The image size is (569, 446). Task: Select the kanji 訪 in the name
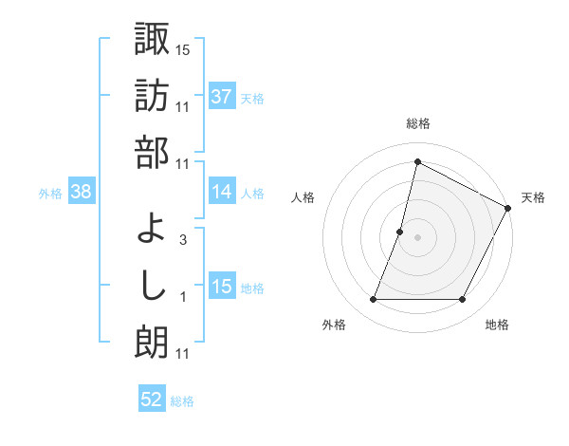(x=152, y=95)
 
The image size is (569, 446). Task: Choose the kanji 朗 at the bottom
(x=152, y=344)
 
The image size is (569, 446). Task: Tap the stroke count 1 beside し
(x=182, y=298)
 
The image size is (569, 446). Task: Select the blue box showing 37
(x=222, y=97)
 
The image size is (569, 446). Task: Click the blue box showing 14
(x=222, y=193)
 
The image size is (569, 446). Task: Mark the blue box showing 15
(x=222, y=288)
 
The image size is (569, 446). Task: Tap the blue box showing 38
(x=81, y=193)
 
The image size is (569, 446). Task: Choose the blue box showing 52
(x=152, y=400)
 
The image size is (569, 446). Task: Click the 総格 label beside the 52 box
(x=182, y=401)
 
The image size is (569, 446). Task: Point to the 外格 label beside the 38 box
(x=50, y=194)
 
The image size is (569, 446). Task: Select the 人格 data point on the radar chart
(x=400, y=232)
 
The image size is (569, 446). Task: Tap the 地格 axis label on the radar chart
(x=497, y=325)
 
